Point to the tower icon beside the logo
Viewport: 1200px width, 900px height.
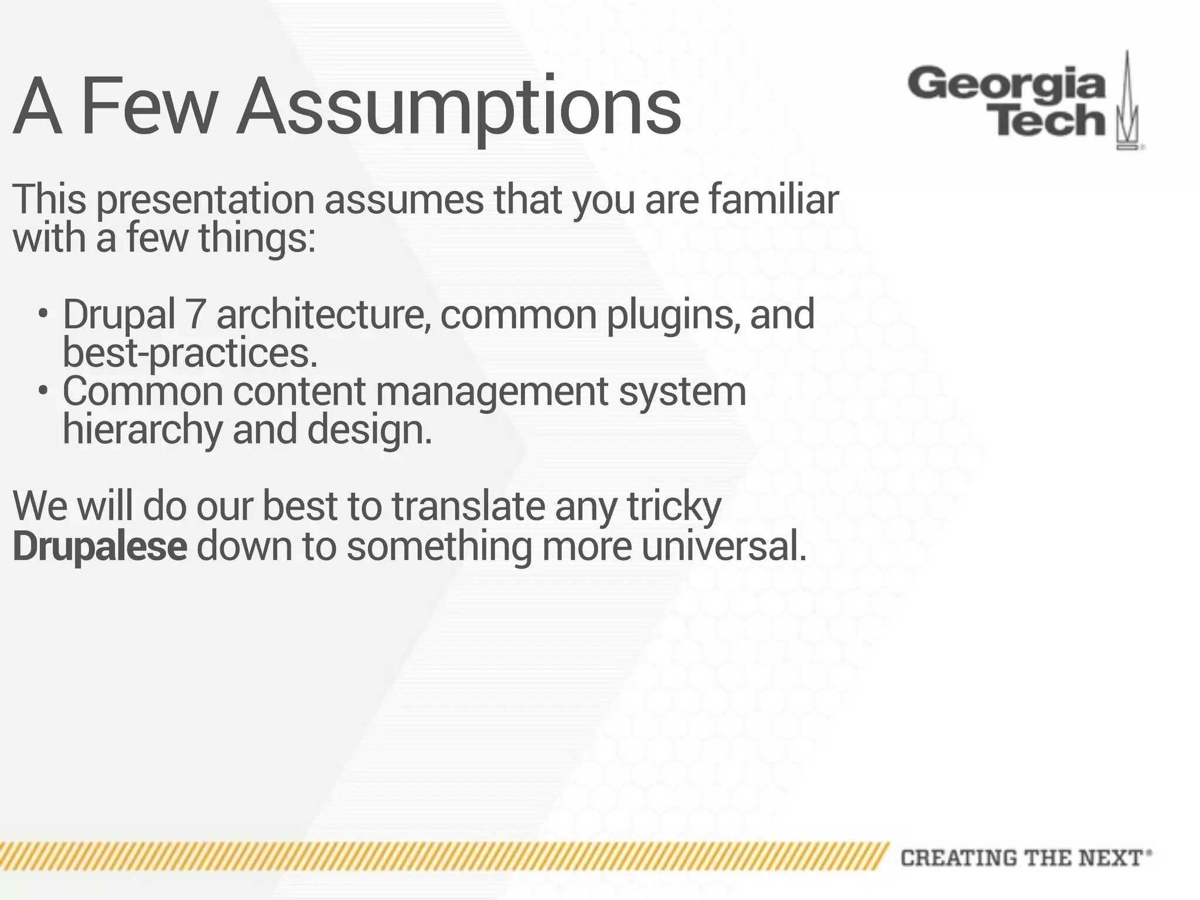click(1127, 103)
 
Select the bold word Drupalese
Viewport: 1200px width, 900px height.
click(100, 546)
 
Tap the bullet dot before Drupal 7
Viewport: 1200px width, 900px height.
click(42, 313)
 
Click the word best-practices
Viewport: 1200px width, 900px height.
click(190, 353)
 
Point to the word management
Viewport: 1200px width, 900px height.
click(492, 391)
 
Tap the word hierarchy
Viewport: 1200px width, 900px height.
click(142, 429)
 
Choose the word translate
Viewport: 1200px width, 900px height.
click(468, 506)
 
